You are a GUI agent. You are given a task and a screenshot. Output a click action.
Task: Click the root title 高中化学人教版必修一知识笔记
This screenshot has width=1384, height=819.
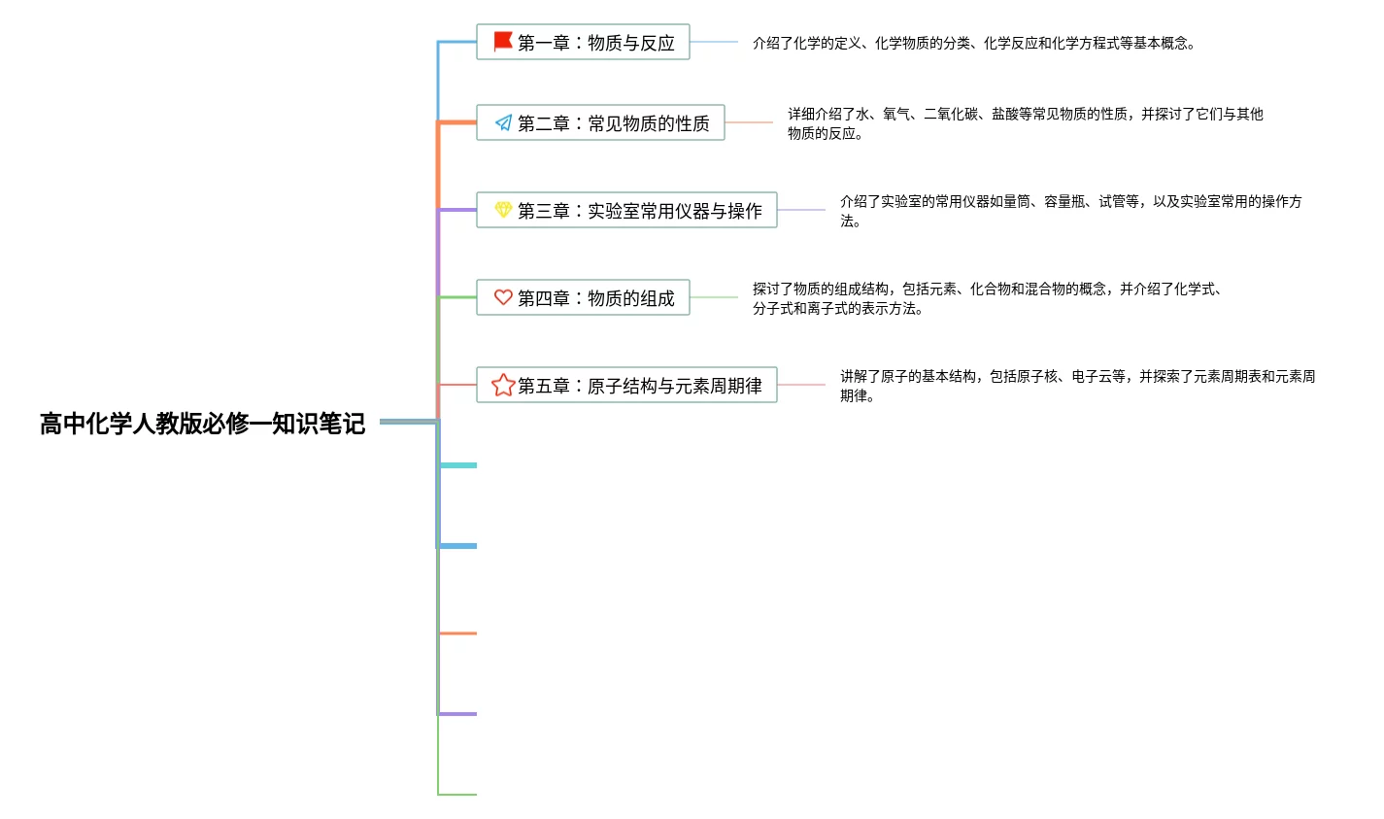(x=202, y=424)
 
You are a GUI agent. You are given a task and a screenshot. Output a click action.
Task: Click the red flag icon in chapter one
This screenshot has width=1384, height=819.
(x=503, y=42)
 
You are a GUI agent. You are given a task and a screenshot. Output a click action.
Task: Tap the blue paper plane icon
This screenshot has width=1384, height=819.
(x=503, y=122)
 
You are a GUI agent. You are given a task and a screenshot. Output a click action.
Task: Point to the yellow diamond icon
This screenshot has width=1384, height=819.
(x=503, y=210)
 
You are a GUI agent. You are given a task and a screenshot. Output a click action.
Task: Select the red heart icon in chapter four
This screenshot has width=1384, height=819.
(x=503, y=297)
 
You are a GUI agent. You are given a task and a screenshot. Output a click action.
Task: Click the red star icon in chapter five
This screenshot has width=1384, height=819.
(x=503, y=385)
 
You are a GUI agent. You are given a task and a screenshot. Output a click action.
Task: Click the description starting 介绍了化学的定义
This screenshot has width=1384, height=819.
(x=974, y=43)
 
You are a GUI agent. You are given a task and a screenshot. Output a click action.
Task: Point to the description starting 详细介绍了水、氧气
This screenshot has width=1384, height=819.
(x=1025, y=123)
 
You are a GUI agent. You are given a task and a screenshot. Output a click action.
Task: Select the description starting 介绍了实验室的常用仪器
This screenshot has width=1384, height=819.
(x=1070, y=211)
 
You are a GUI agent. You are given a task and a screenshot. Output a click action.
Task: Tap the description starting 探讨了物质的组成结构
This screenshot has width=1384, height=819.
(x=987, y=298)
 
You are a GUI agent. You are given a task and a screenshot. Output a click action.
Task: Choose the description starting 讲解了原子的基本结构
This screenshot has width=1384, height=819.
(x=1077, y=386)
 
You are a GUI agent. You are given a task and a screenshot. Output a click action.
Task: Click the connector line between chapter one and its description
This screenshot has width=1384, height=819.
(x=714, y=42)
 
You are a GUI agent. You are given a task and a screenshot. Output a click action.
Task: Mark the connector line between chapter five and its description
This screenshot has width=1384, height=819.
(x=801, y=385)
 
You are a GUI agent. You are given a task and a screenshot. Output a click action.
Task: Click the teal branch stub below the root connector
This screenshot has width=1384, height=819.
(x=458, y=465)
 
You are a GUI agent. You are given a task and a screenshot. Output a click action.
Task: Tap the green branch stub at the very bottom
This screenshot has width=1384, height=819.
(x=458, y=795)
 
